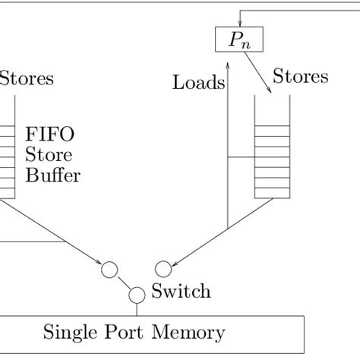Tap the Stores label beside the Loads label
coord(300,77)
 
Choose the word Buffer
coord(53,176)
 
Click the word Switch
coord(181,290)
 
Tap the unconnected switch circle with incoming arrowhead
coord(163,267)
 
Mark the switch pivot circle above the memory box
coord(137,295)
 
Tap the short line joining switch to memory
coord(137,308)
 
